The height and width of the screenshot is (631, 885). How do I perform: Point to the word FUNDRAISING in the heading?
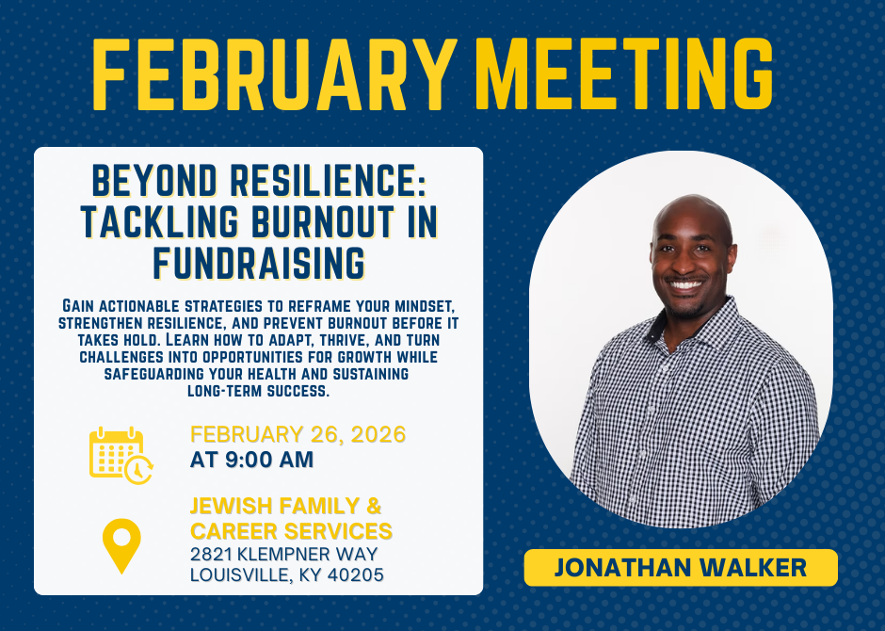coord(259,262)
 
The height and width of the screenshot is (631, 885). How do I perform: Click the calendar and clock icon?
coord(121,454)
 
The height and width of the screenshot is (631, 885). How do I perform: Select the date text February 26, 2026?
coord(298,435)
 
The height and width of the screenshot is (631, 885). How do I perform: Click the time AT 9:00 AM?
coord(251,461)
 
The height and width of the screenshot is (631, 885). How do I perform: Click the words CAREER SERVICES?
coord(291,530)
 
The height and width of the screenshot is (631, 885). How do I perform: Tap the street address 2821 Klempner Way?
coord(283,554)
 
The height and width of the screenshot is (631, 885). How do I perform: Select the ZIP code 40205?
coord(356,574)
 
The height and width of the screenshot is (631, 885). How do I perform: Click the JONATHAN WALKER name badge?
coord(680,567)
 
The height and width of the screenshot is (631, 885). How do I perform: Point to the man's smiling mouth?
coord(686,284)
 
